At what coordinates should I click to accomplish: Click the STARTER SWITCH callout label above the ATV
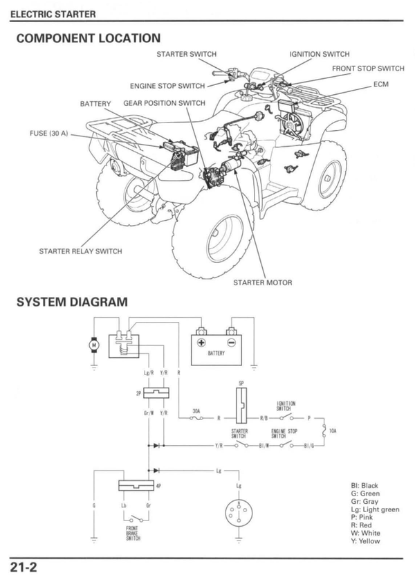[x=186, y=54]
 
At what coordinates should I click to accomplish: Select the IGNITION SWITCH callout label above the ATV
[x=319, y=54]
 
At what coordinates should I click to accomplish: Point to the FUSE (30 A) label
[x=49, y=134]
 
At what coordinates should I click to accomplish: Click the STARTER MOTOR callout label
[x=262, y=282]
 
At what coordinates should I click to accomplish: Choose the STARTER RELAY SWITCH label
[x=80, y=251]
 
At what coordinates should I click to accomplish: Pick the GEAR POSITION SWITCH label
[x=164, y=103]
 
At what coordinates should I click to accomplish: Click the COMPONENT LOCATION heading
[x=88, y=38]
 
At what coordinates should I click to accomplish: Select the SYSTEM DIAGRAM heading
[x=72, y=302]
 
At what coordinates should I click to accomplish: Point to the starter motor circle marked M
[x=95, y=343]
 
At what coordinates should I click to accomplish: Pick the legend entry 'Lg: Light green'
[x=375, y=509]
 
